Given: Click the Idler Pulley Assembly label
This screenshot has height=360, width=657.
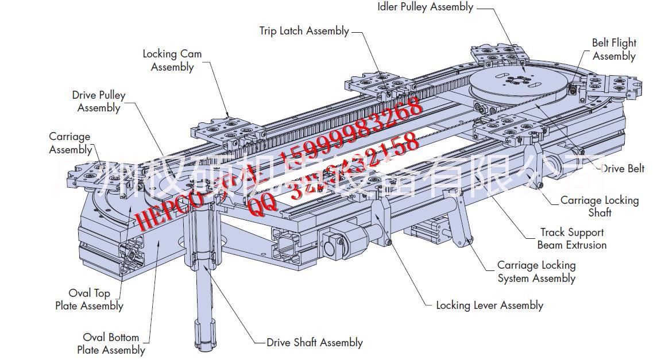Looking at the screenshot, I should pyautogui.click(x=425, y=7).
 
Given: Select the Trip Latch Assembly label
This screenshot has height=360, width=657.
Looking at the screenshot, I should pyautogui.click(x=304, y=31).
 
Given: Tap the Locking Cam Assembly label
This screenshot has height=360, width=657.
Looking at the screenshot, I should pyautogui.click(x=172, y=60).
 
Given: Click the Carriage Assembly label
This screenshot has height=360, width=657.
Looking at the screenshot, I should pyautogui.click(x=70, y=143).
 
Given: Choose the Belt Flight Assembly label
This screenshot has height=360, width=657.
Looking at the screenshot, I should pyautogui.click(x=614, y=49).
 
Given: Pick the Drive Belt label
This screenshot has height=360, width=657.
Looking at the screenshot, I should pyautogui.click(x=623, y=169).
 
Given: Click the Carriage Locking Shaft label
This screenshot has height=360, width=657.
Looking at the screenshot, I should pyautogui.click(x=600, y=206).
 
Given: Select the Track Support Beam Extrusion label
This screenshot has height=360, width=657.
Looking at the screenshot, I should pyautogui.click(x=571, y=238).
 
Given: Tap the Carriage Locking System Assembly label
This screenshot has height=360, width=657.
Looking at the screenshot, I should pyautogui.click(x=536, y=272).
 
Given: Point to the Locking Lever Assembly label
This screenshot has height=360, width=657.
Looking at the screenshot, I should pyautogui.click(x=489, y=305).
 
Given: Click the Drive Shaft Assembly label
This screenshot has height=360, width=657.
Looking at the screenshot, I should pyautogui.click(x=315, y=343).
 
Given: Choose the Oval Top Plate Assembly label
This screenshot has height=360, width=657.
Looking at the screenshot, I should pyautogui.click(x=89, y=299).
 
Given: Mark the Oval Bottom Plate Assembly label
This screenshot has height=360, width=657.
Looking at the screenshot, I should pyautogui.click(x=111, y=343).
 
